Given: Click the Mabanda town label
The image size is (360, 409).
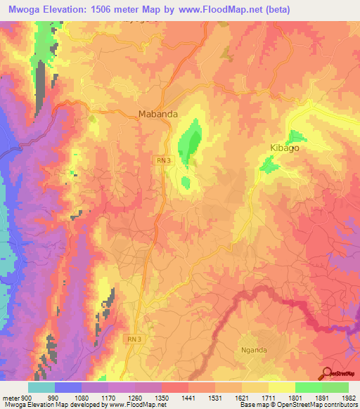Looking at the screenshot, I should coord(156,113).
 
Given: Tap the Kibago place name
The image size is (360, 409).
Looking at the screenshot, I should coord(304,148).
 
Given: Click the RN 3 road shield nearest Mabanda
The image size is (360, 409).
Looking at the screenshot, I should coord(162,161).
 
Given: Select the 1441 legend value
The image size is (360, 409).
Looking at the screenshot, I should coord(188,396).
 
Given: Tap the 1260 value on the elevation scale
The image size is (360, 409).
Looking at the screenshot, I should coord(135,396).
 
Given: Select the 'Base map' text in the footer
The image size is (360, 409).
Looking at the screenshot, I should coord(253,405).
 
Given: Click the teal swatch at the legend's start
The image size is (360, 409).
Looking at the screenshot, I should coord(41,387).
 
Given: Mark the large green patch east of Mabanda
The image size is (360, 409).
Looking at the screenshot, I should coord(188,141).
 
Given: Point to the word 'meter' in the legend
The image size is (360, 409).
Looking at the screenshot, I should coord(12,396).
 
